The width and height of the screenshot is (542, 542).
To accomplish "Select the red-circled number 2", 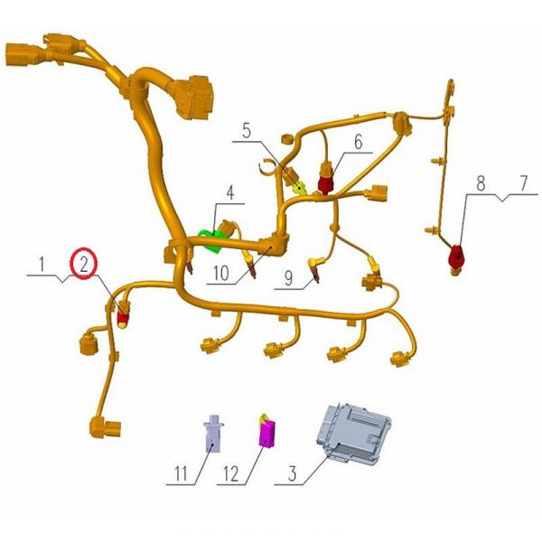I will (83, 265).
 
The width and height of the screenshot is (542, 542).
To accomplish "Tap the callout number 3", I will (292, 472).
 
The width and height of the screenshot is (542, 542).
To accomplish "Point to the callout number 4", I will (229, 192).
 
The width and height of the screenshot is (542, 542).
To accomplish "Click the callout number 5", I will (247, 130).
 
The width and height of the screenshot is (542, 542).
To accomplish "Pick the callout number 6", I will (358, 142).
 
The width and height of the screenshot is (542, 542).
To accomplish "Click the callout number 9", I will (286, 280).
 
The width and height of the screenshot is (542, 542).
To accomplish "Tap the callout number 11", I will (181, 472).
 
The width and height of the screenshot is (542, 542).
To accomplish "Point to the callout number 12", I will (233, 472).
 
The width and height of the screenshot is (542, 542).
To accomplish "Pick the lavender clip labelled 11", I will (212, 433).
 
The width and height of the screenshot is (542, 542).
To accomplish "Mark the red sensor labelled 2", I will (125, 317).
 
